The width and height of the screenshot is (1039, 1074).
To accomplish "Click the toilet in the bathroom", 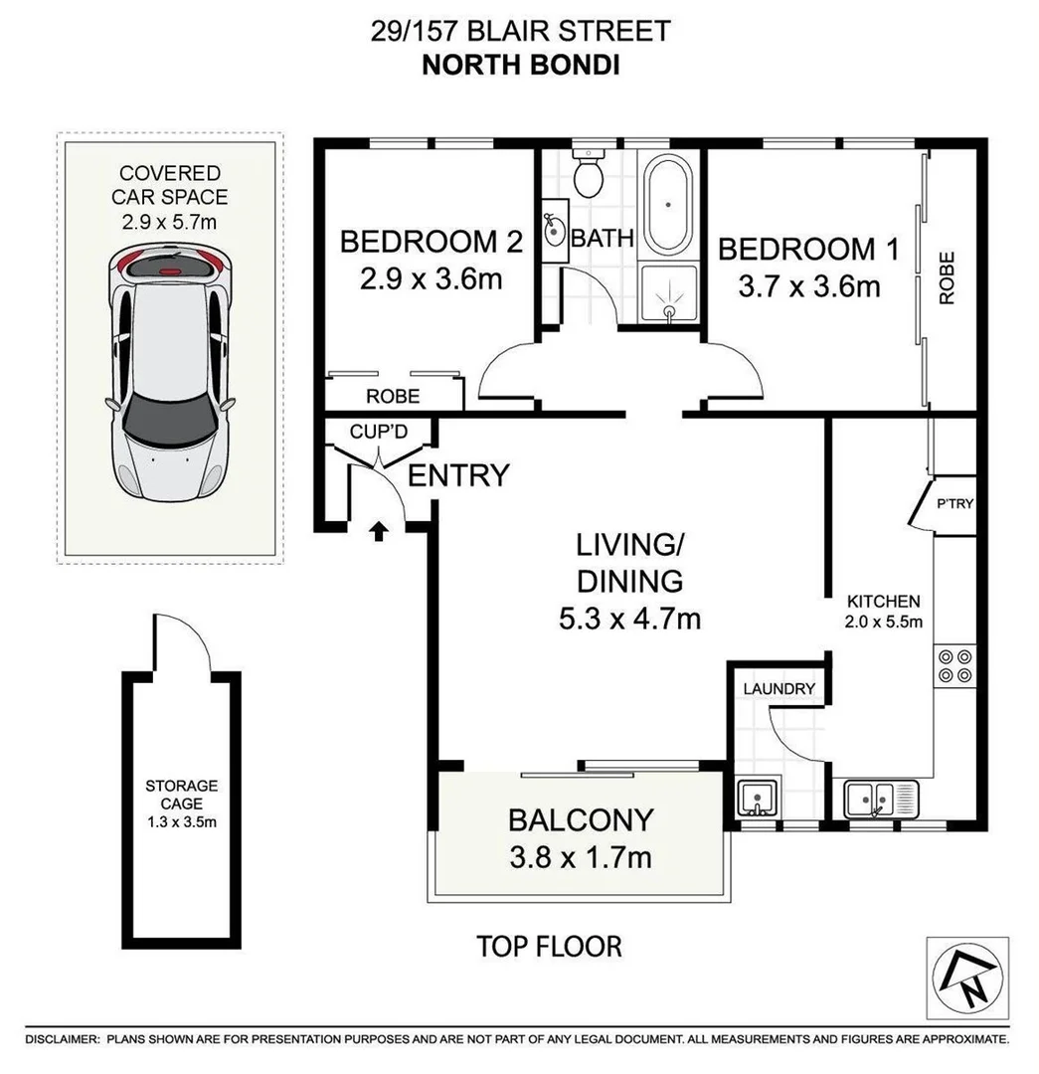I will click(589, 175).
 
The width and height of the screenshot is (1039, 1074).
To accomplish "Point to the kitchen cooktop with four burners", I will click(954, 665).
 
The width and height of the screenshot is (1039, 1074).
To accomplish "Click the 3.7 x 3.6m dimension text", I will click(809, 286).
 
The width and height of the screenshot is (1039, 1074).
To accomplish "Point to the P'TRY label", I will click(954, 503).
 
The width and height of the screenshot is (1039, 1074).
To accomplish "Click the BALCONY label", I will click(581, 819).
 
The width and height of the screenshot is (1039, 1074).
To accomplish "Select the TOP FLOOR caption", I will click(549, 946).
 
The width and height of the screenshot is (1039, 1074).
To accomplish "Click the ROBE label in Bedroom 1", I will click(946, 277).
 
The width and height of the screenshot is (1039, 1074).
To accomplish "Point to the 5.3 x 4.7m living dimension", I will click(629, 619).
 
